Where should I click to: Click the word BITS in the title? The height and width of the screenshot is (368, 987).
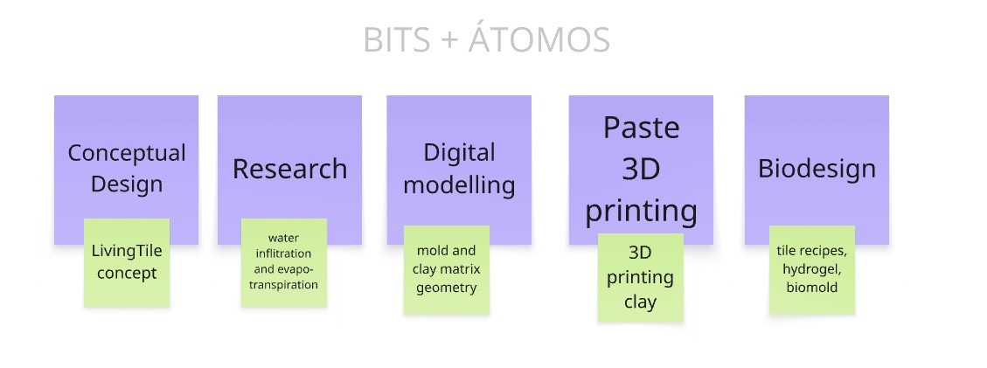coord(397,40)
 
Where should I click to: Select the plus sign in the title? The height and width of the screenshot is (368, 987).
coord(448,41)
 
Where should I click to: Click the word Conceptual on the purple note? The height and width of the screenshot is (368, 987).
coord(127,154)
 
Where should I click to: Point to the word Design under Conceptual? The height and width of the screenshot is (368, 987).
coord(127,184)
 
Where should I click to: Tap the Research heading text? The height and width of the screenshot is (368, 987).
coord(289,170)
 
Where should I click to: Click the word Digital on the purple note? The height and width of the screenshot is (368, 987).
coord(459,154)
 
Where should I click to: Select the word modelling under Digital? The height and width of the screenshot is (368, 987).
coord(459,185)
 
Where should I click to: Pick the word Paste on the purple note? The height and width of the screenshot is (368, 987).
coord(641,128)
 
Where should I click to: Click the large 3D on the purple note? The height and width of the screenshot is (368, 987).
coord(641,170)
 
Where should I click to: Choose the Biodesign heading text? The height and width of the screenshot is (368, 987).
coord(817,170)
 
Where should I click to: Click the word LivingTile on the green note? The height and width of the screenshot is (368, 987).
coord(127,251)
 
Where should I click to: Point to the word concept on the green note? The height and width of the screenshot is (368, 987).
coord(127,274)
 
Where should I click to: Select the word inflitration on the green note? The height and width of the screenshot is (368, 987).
coord(283,253)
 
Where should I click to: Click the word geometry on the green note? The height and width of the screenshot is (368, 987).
coord(446,288)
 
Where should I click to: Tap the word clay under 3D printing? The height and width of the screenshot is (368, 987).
coord(640,302)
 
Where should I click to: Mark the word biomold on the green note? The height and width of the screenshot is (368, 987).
coord(812,288)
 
